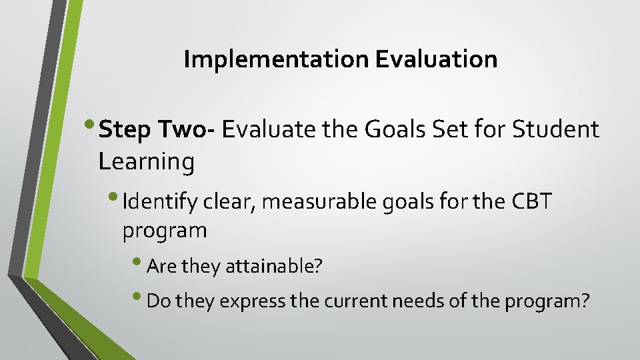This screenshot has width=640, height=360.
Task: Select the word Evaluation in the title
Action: [436, 60]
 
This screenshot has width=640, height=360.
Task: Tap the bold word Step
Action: [125, 130]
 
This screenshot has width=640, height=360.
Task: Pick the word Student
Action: [556, 130]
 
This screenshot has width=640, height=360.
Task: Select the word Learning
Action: [146, 161]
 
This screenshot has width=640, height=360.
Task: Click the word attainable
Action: [274, 267]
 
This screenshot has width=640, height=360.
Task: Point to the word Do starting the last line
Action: [156, 301]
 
